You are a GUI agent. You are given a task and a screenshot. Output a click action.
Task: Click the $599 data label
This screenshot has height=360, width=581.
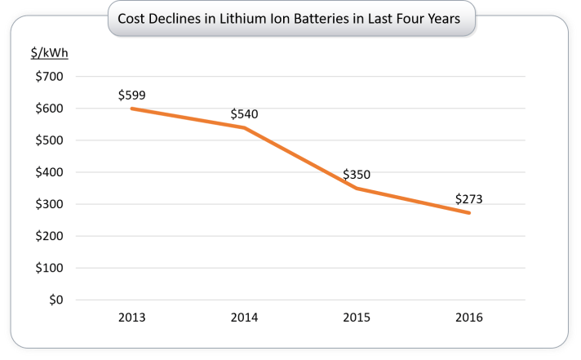[132, 95]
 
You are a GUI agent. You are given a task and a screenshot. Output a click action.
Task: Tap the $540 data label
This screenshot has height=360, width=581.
[244, 113]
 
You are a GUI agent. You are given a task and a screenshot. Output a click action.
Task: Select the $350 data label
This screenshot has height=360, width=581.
[357, 174]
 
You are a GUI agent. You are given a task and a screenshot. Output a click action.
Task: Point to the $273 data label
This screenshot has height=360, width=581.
[469, 198]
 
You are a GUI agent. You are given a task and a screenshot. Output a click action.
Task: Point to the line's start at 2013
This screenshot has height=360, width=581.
[132, 109]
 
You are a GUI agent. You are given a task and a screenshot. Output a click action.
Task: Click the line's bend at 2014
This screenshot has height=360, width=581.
[244, 127]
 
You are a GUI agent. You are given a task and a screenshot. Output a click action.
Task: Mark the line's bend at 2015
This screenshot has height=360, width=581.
[357, 189]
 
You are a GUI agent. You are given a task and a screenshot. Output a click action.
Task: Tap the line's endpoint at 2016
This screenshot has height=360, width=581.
[469, 213]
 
